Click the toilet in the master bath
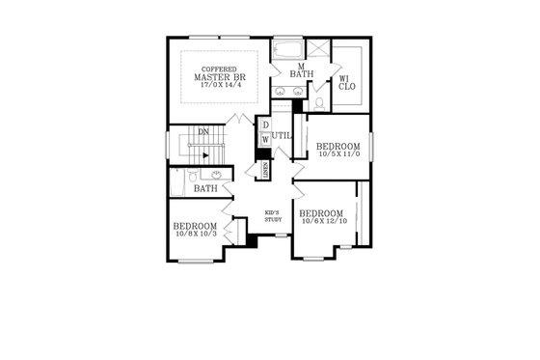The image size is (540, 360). click(319, 102)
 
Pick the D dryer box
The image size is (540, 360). click(265, 125)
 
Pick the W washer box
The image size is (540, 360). click(265, 141)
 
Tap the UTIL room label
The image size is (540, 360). click(282, 136)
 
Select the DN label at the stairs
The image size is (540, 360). click(203, 132)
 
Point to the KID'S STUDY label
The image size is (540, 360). click(272, 216)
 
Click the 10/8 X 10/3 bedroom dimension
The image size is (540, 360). click(196, 233)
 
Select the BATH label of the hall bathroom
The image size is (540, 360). click(204, 188)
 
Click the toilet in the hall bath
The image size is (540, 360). click(193, 175)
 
